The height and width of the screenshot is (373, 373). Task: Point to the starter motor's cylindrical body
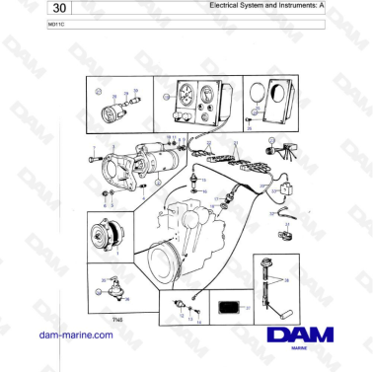coord(159,156)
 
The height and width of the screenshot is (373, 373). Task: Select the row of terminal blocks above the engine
coord(237,158)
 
